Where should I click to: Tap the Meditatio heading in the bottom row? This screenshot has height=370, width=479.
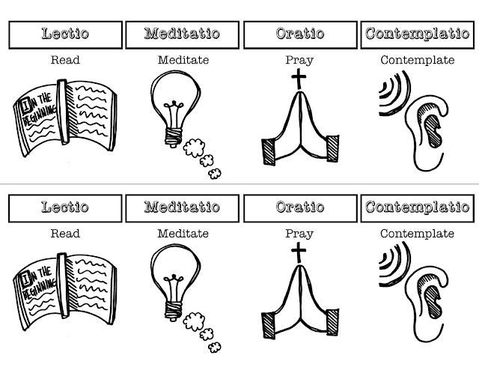pos(181,206)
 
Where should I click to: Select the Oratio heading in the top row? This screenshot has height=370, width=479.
pos(300,34)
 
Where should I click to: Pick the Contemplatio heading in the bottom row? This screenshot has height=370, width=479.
pos(417,206)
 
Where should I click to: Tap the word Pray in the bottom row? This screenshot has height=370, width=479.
pos(299,233)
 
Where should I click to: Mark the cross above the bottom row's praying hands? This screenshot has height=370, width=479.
pos(298,252)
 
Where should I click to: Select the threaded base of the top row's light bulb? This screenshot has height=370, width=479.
pos(176,134)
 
